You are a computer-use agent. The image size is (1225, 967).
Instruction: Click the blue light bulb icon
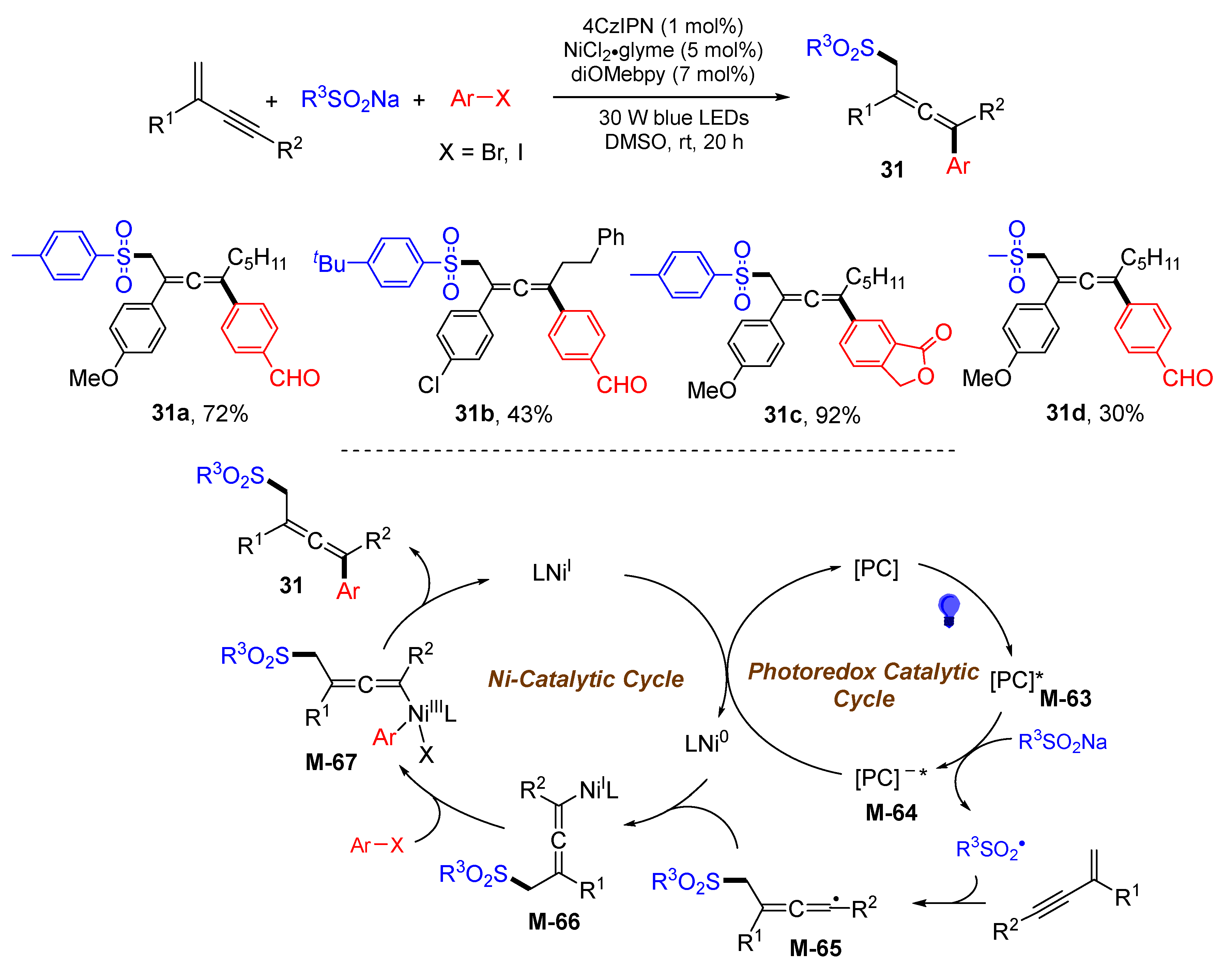949,610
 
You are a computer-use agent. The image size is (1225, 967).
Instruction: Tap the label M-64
891,812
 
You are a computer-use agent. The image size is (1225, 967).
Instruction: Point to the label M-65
815,947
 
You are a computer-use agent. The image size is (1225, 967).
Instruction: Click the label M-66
554,921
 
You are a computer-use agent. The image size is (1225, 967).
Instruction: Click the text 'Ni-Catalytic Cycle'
585,678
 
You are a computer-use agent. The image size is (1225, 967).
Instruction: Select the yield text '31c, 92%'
812,415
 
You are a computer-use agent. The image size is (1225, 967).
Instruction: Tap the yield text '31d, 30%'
1094,413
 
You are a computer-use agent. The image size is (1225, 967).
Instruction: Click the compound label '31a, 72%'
199,413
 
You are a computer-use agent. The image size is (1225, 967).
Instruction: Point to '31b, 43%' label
503,414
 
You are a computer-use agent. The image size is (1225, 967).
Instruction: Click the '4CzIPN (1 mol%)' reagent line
662,26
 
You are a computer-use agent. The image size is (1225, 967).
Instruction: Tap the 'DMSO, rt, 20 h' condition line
674,141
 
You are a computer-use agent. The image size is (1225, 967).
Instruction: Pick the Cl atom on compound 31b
429,385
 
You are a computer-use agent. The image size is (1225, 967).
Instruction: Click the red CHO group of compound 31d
1187,378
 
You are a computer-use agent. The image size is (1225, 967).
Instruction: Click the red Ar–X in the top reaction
480,98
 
